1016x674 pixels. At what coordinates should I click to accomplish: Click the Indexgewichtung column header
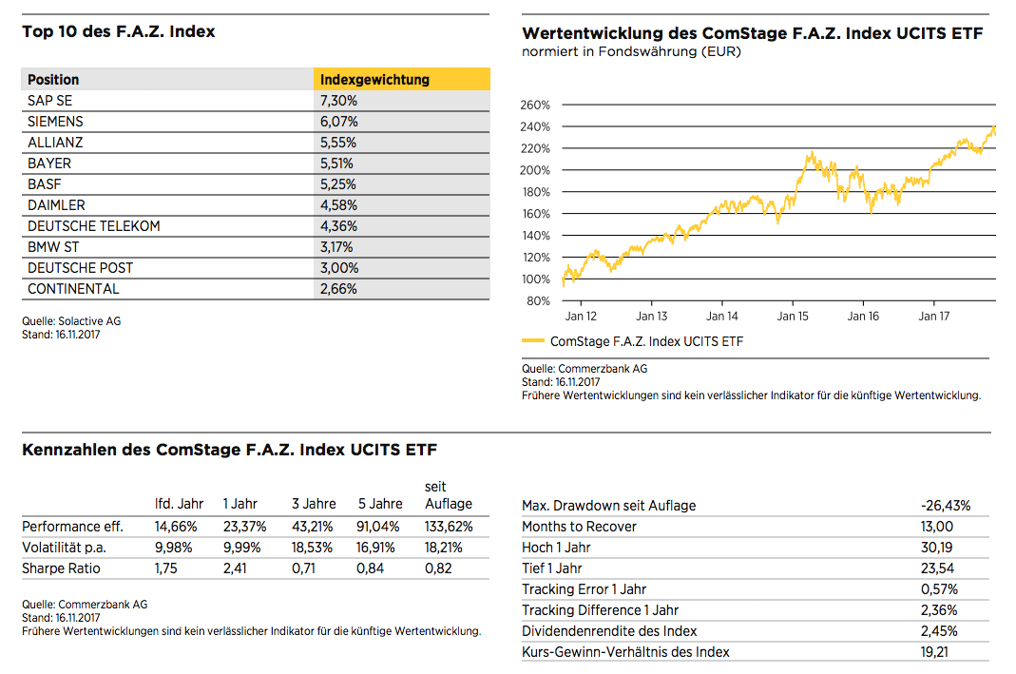[374, 80]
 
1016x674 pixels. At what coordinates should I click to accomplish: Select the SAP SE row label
[49, 101]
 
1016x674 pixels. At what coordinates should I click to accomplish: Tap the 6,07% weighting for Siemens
[339, 121]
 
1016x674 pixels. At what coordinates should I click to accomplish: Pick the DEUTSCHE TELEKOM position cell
[94, 226]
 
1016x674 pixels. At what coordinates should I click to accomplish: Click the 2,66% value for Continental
[338, 289]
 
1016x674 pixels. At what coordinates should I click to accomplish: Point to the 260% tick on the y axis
[534, 105]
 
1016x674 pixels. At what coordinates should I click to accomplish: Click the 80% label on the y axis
[538, 300]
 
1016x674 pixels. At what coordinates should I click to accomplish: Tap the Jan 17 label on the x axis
[933, 317]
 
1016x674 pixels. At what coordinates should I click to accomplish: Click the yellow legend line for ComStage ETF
[533, 340]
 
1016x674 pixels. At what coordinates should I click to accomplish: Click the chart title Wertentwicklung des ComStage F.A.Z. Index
[753, 33]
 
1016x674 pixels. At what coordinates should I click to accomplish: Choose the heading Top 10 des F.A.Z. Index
[119, 31]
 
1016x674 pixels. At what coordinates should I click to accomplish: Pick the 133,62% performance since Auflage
[449, 527]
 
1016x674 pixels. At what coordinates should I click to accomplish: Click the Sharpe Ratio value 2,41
[235, 568]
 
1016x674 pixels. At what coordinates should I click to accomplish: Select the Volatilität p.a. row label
[64, 548]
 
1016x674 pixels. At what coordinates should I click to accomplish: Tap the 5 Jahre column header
[380, 504]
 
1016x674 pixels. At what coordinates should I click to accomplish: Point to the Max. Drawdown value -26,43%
[946, 506]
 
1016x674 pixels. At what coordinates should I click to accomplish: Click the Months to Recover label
[579, 527]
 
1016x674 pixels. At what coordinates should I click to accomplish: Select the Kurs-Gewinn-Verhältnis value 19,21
[934, 652]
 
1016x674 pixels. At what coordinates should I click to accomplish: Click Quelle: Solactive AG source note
[71, 320]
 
